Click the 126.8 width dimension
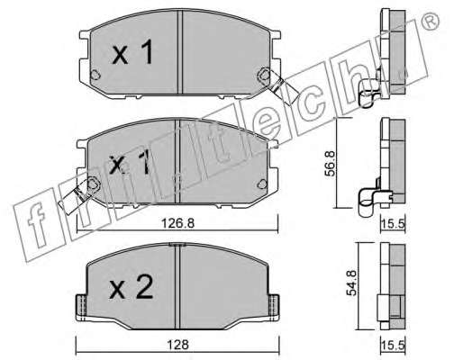click(178, 223)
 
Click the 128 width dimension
click(178, 345)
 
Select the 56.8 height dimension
click(330, 164)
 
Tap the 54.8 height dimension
click(351, 283)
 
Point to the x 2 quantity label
click(132, 288)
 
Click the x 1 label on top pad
click(132, 53)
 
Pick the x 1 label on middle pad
click(130, 162)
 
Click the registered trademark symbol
click(431, 22)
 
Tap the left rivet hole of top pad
click(95, 75)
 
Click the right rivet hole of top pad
click(264, 74)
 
